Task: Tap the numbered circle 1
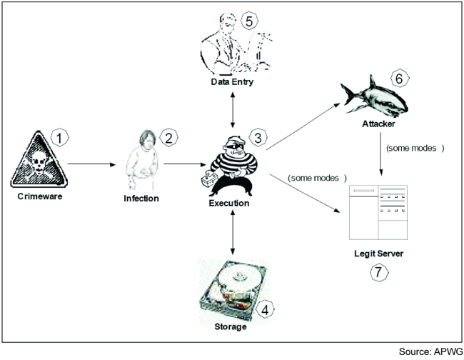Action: click(x=62, y=134)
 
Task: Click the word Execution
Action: click(x=229, y=203)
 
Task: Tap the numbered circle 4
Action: click(x=265, y=309)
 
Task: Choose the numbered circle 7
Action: click(x=378, y=272)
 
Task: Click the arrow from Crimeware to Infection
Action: click(x=91, y=164)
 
